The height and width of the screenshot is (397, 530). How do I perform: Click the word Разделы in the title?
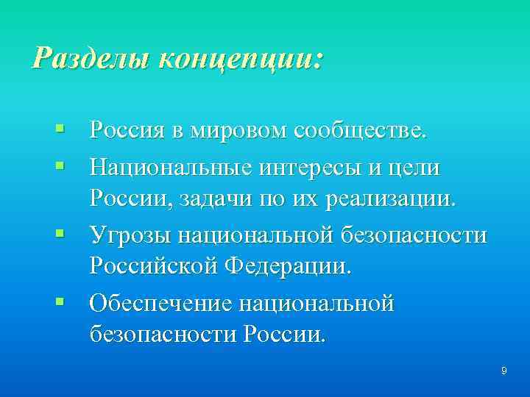[x=80, y=57]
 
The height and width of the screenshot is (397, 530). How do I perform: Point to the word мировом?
[x=225, y=132]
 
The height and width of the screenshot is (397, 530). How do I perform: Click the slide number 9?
[x=504, y=371]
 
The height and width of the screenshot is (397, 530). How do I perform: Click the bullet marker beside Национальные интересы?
[x=59, y=167]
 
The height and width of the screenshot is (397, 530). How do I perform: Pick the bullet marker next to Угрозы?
[x=59, y=235]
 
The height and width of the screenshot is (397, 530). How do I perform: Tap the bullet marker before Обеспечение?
[x=59, y=301]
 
